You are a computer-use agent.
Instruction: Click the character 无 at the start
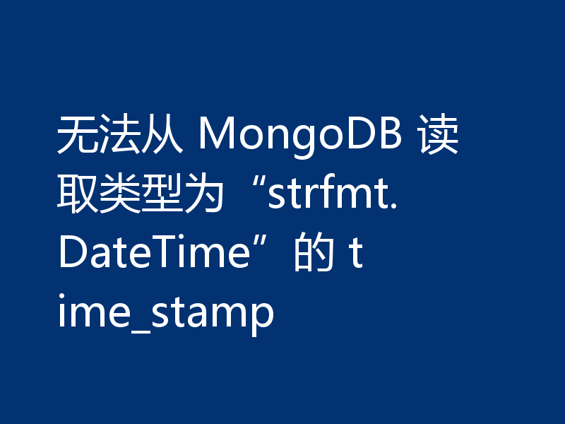pos(76,136)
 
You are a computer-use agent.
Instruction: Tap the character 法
pos(114,136)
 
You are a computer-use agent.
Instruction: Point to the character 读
pos(439,136)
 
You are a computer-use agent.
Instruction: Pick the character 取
pos(76,194)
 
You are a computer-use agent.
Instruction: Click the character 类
pos(114,194)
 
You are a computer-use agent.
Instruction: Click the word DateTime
pos(151,253)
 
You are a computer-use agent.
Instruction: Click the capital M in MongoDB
pos(215,136)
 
